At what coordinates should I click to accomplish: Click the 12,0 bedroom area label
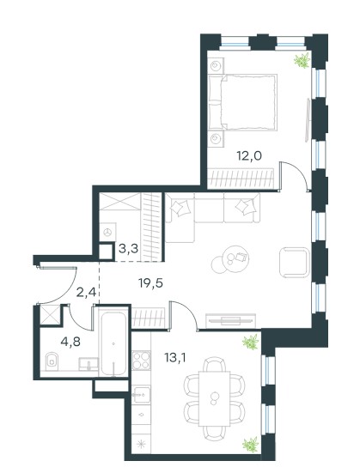(249, 156)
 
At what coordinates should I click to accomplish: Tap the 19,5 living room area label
(150, 283)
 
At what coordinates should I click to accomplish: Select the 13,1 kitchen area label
(175, 358)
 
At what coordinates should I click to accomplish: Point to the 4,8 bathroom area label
(70, 342)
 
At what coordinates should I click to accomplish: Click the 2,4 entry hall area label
(86, 292)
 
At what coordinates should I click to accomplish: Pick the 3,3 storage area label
(128, 249)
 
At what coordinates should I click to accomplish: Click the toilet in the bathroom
(52, 361)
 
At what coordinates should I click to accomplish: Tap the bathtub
(113, 343)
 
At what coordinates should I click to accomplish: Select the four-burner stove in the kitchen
(142, 361)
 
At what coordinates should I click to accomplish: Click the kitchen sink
(142, 394)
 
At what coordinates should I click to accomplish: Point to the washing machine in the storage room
(107, 232)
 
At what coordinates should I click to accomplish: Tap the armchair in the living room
(295, 262)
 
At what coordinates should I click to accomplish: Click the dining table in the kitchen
(215, 398)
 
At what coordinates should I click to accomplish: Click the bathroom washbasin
(88, 364)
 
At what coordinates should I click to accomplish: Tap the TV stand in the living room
(231, 321)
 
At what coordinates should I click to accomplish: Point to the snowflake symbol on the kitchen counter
(141, 445)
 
